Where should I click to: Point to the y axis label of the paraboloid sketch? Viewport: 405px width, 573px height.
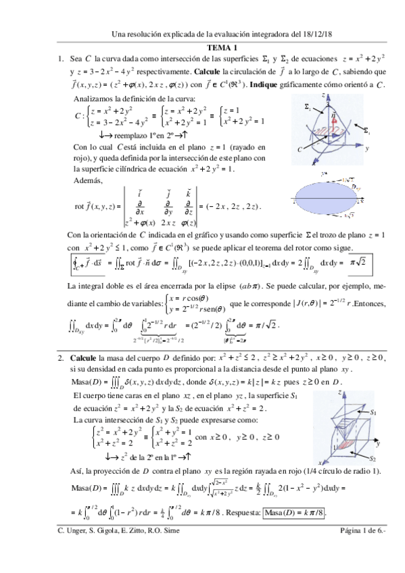tap(373, 149)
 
